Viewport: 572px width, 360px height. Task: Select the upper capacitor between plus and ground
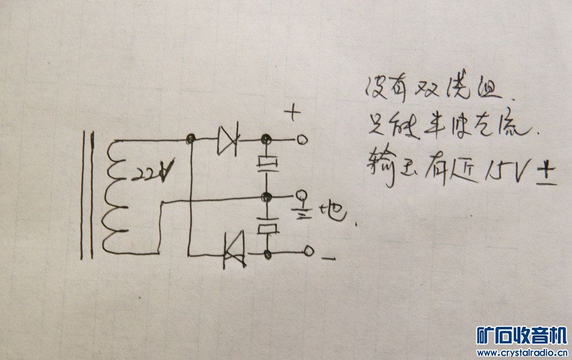coord(267,164)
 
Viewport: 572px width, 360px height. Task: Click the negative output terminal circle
coord(309,251)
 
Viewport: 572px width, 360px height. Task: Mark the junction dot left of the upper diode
coord(189,139)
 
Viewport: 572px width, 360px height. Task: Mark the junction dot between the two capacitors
coord(266,197)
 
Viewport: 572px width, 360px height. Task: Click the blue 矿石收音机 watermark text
coord(521,336)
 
